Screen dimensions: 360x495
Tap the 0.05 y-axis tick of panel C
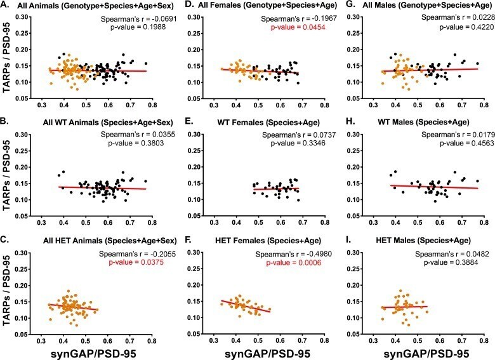click(25, 334)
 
